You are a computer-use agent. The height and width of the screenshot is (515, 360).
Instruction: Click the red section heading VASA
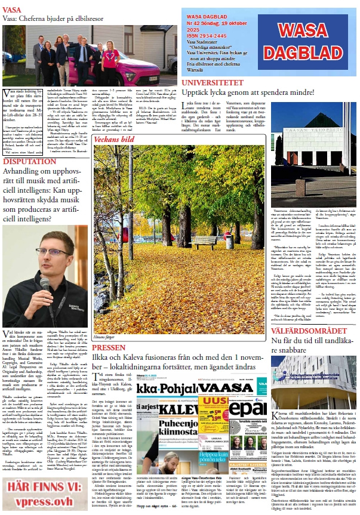tap(13, 10)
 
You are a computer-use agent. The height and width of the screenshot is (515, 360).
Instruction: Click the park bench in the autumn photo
tap(205, 242)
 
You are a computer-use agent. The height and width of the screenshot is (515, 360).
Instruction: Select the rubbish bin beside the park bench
tap(229, 242)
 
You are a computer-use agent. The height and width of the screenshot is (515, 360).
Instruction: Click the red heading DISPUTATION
tap(29, 162)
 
